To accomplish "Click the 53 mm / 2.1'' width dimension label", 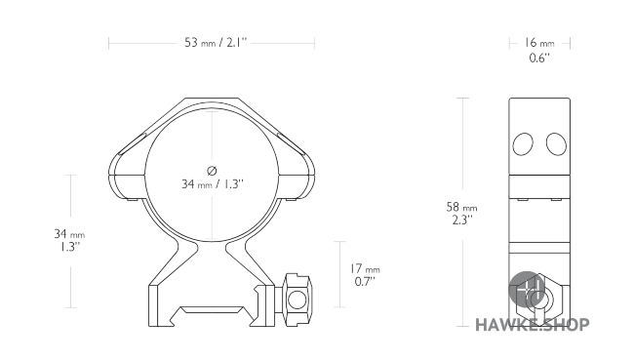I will coord(215,43).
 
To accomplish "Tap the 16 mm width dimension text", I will coord(539,43).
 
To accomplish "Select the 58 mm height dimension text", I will coord(462,208).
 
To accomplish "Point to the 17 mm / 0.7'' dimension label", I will coord(366,275).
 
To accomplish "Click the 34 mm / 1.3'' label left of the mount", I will coord(69,239).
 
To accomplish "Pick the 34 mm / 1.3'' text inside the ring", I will coord(212,183).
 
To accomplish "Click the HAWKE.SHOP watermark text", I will coord(531,325).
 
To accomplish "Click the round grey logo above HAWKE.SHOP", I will coord(533,290).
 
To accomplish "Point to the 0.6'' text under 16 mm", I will coord(539,59).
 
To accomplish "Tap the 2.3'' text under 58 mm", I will coord(462,221).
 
